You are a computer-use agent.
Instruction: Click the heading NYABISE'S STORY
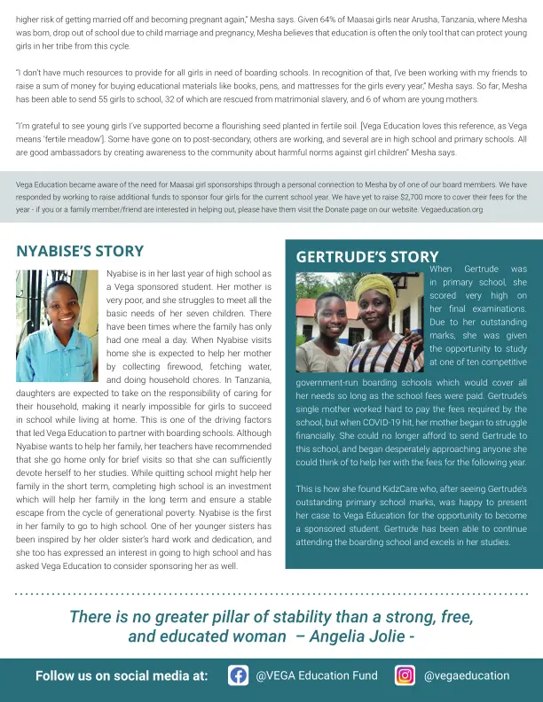[80, 251]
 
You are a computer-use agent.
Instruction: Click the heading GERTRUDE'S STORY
[367, 257]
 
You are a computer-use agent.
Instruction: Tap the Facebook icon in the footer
[238, 675]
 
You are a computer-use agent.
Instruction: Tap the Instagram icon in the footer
[405, 675]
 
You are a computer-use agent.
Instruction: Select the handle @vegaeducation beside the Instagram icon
[466, 675]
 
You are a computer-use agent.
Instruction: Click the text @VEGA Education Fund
[316, 675]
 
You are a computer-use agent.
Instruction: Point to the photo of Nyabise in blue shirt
[57, 313]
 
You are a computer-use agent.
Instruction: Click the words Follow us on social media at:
[122, 675]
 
